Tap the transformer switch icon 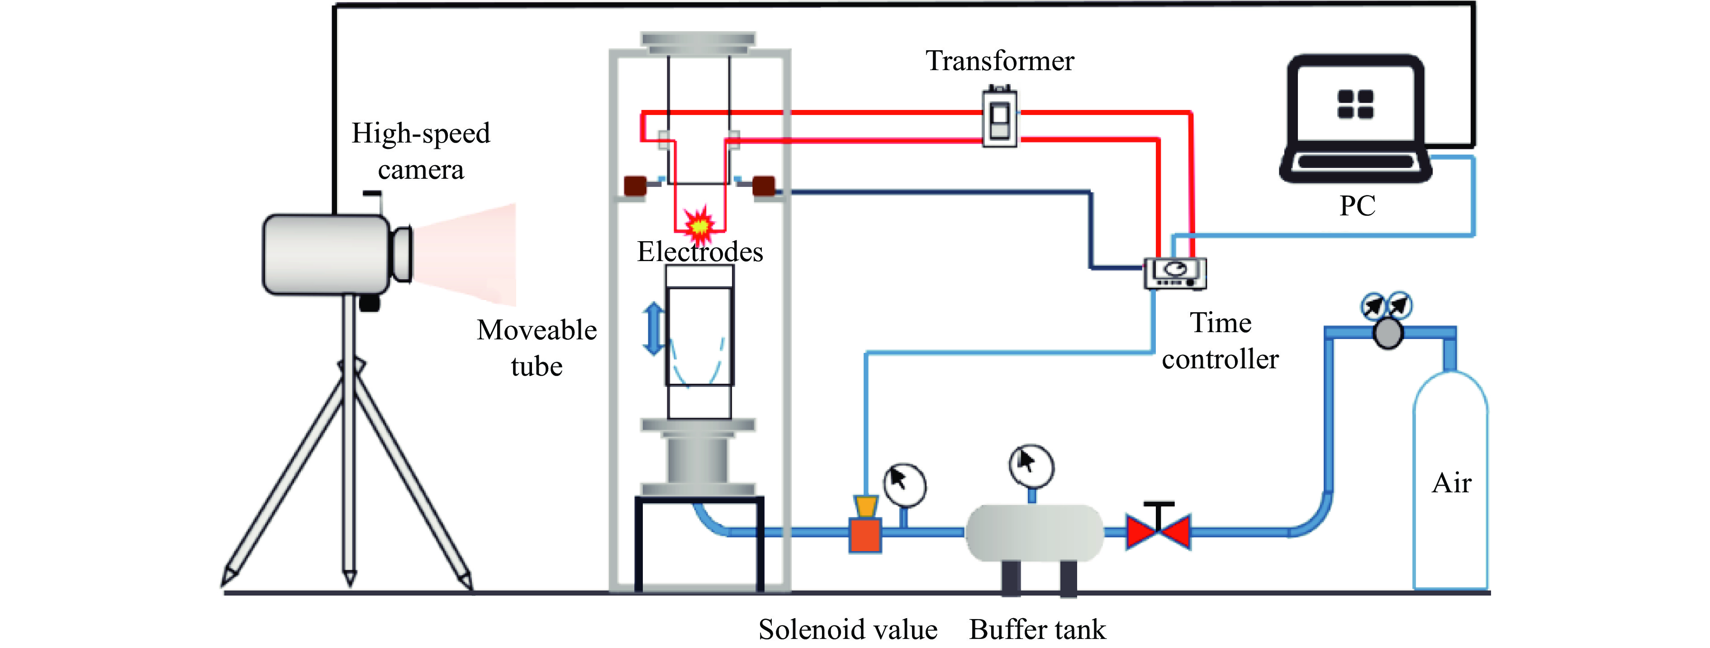(x=1000, y=118)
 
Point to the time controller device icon (x=1175, y=273)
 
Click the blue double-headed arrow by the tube (x=654, y=329)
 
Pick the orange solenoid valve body (x=865, y=535)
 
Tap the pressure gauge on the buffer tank (x=1031, y=465)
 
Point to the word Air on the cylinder (x=1451, y=483)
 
